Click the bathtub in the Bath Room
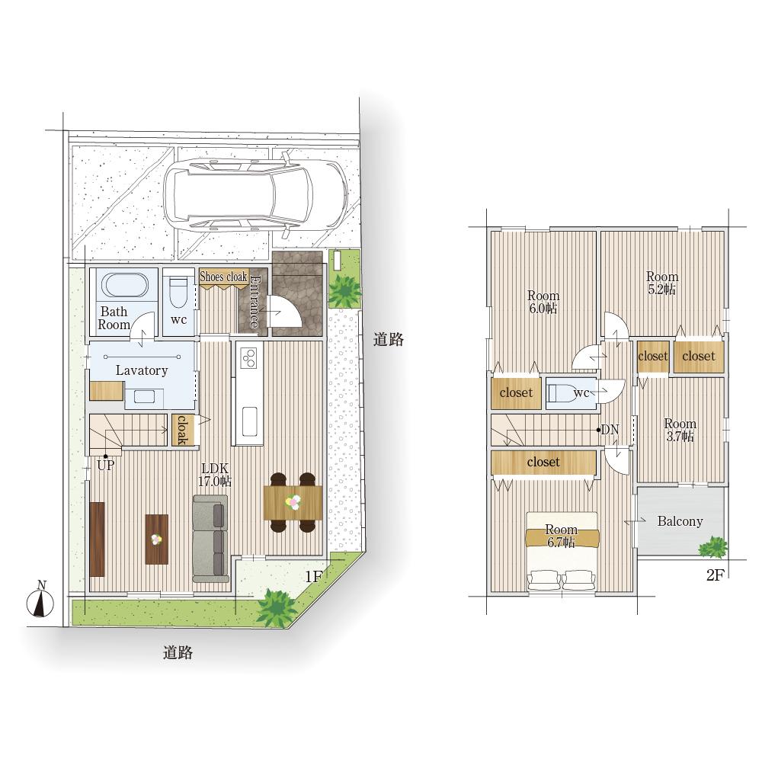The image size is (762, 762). [x=124, y=285]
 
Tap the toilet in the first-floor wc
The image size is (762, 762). [x=178, y=292]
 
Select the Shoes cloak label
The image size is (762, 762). [x=223, y=277]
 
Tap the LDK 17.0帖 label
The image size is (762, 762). [x=215, y=475]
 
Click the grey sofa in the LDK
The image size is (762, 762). [x=210, y=539]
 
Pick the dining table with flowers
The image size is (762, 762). [x=293, y=502]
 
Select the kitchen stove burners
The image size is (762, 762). [x=249, y=357]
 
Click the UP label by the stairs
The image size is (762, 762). [x=105, y=466]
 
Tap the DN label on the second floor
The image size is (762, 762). [x=610, y=430]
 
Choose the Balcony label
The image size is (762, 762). [x=680, y=521]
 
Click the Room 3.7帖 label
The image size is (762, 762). [x=680, y=430]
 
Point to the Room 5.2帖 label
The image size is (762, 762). [x=662, y=283]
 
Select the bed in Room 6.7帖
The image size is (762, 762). [x=562, y=552]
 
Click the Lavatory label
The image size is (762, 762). [x=142, y=370]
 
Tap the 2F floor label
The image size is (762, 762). [x=716, y=575]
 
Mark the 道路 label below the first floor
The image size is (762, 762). [x=178, y=653]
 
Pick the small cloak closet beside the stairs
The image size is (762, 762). [x=182, y=430]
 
